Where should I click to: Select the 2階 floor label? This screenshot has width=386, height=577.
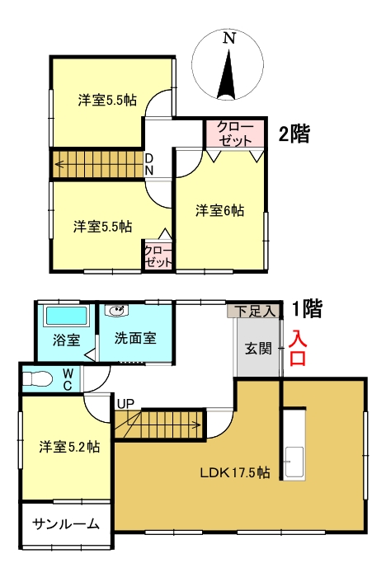[294, 134]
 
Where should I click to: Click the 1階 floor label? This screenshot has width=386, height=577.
[306, 309]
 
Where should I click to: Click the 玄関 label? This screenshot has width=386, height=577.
[257, 347]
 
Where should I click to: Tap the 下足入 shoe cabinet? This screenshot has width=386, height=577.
[252, 312]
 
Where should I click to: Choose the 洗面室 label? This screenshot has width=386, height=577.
[136, 338]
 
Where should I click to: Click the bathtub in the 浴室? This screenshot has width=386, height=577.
[67, 317]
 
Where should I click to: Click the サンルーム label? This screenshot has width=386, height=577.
[66, 524]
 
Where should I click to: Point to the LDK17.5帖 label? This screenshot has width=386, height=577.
[235, 472]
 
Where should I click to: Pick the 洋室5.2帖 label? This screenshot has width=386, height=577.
[70, 447]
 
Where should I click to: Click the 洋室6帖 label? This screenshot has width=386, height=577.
[219, 210]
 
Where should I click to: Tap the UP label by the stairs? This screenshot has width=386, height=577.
[125, 404]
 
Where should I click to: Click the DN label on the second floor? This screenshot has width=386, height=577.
[149, 163]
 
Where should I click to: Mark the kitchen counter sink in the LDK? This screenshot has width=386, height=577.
[294, 457]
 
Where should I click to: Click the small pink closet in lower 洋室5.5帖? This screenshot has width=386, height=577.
[158, 256]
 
